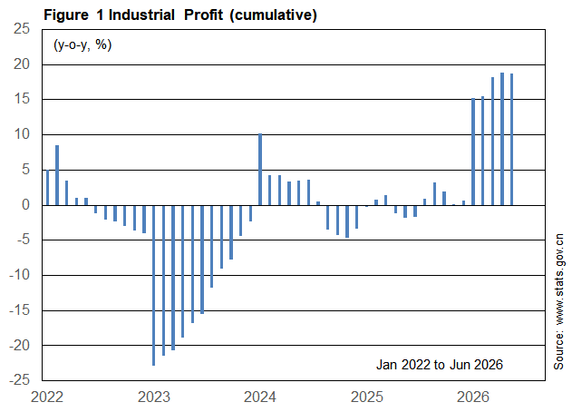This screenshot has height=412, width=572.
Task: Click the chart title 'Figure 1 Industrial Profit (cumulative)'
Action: tap(180, 15)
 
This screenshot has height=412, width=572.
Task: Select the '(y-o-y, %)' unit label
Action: tap(82, 45)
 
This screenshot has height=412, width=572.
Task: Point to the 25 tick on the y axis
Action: tap(22, 28)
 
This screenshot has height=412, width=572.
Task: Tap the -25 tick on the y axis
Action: tap(19, 380)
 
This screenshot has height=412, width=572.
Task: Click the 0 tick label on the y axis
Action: tap(25, 205)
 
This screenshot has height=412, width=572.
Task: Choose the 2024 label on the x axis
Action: tap(260, 397)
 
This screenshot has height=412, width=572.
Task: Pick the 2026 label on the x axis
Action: tap(473, 397)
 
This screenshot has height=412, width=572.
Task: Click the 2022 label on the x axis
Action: tap(47, 397)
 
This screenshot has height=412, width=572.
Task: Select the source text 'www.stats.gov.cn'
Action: tap(559, 279)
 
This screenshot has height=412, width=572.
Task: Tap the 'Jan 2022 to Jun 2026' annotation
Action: tap(440, 365)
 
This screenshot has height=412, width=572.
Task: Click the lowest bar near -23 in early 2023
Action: tap(153, 285)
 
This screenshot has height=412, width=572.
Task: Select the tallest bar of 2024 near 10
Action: tap(260, 170)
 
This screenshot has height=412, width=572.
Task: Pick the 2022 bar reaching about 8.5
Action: tap(57, 175)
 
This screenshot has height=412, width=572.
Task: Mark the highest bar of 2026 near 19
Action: tap(502, 139)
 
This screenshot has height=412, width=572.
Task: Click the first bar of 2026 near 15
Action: tap(473, 152)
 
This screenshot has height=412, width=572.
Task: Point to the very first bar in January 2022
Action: tap(47, 187)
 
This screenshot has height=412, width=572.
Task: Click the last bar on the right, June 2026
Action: tap(511, 140)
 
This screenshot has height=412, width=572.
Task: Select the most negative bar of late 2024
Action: tap(347, 221)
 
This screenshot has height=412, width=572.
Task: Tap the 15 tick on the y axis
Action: tap(22, 99)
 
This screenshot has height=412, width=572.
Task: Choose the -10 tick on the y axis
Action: tap(19, 275)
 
